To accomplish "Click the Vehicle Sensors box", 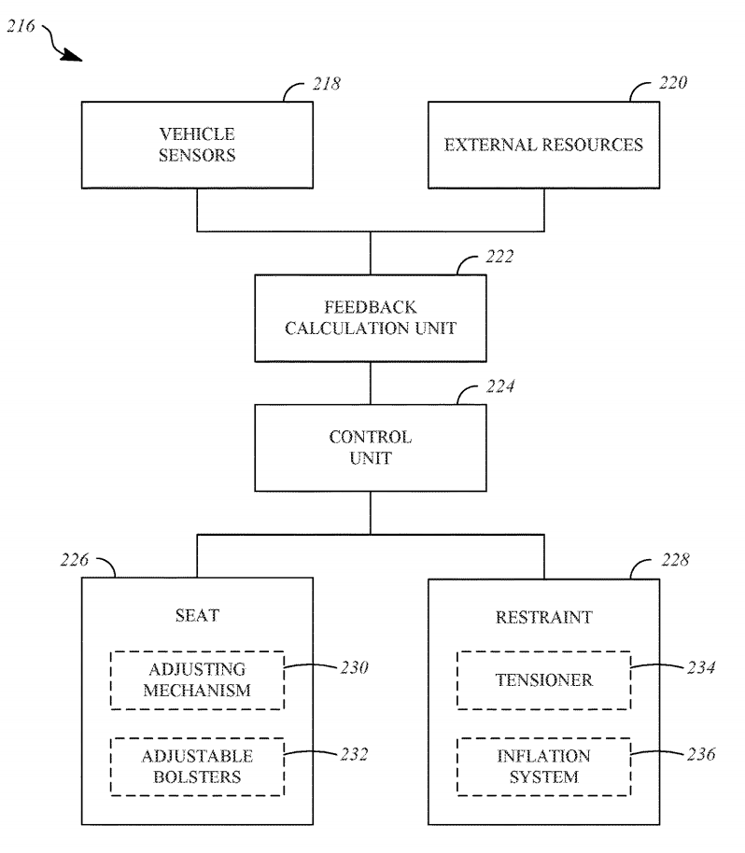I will coord(197,146).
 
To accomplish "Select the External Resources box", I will coord(543,146).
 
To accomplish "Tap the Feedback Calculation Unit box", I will coord(371,317).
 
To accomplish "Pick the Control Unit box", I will coord(371,447).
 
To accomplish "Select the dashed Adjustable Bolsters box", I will coord(197,766).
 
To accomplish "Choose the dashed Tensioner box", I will coord(543,680).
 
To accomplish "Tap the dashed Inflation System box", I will coord(543,766).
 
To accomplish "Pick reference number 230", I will coord(354,667).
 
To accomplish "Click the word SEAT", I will coord(197,618).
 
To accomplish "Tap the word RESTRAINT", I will coord(543,618).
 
